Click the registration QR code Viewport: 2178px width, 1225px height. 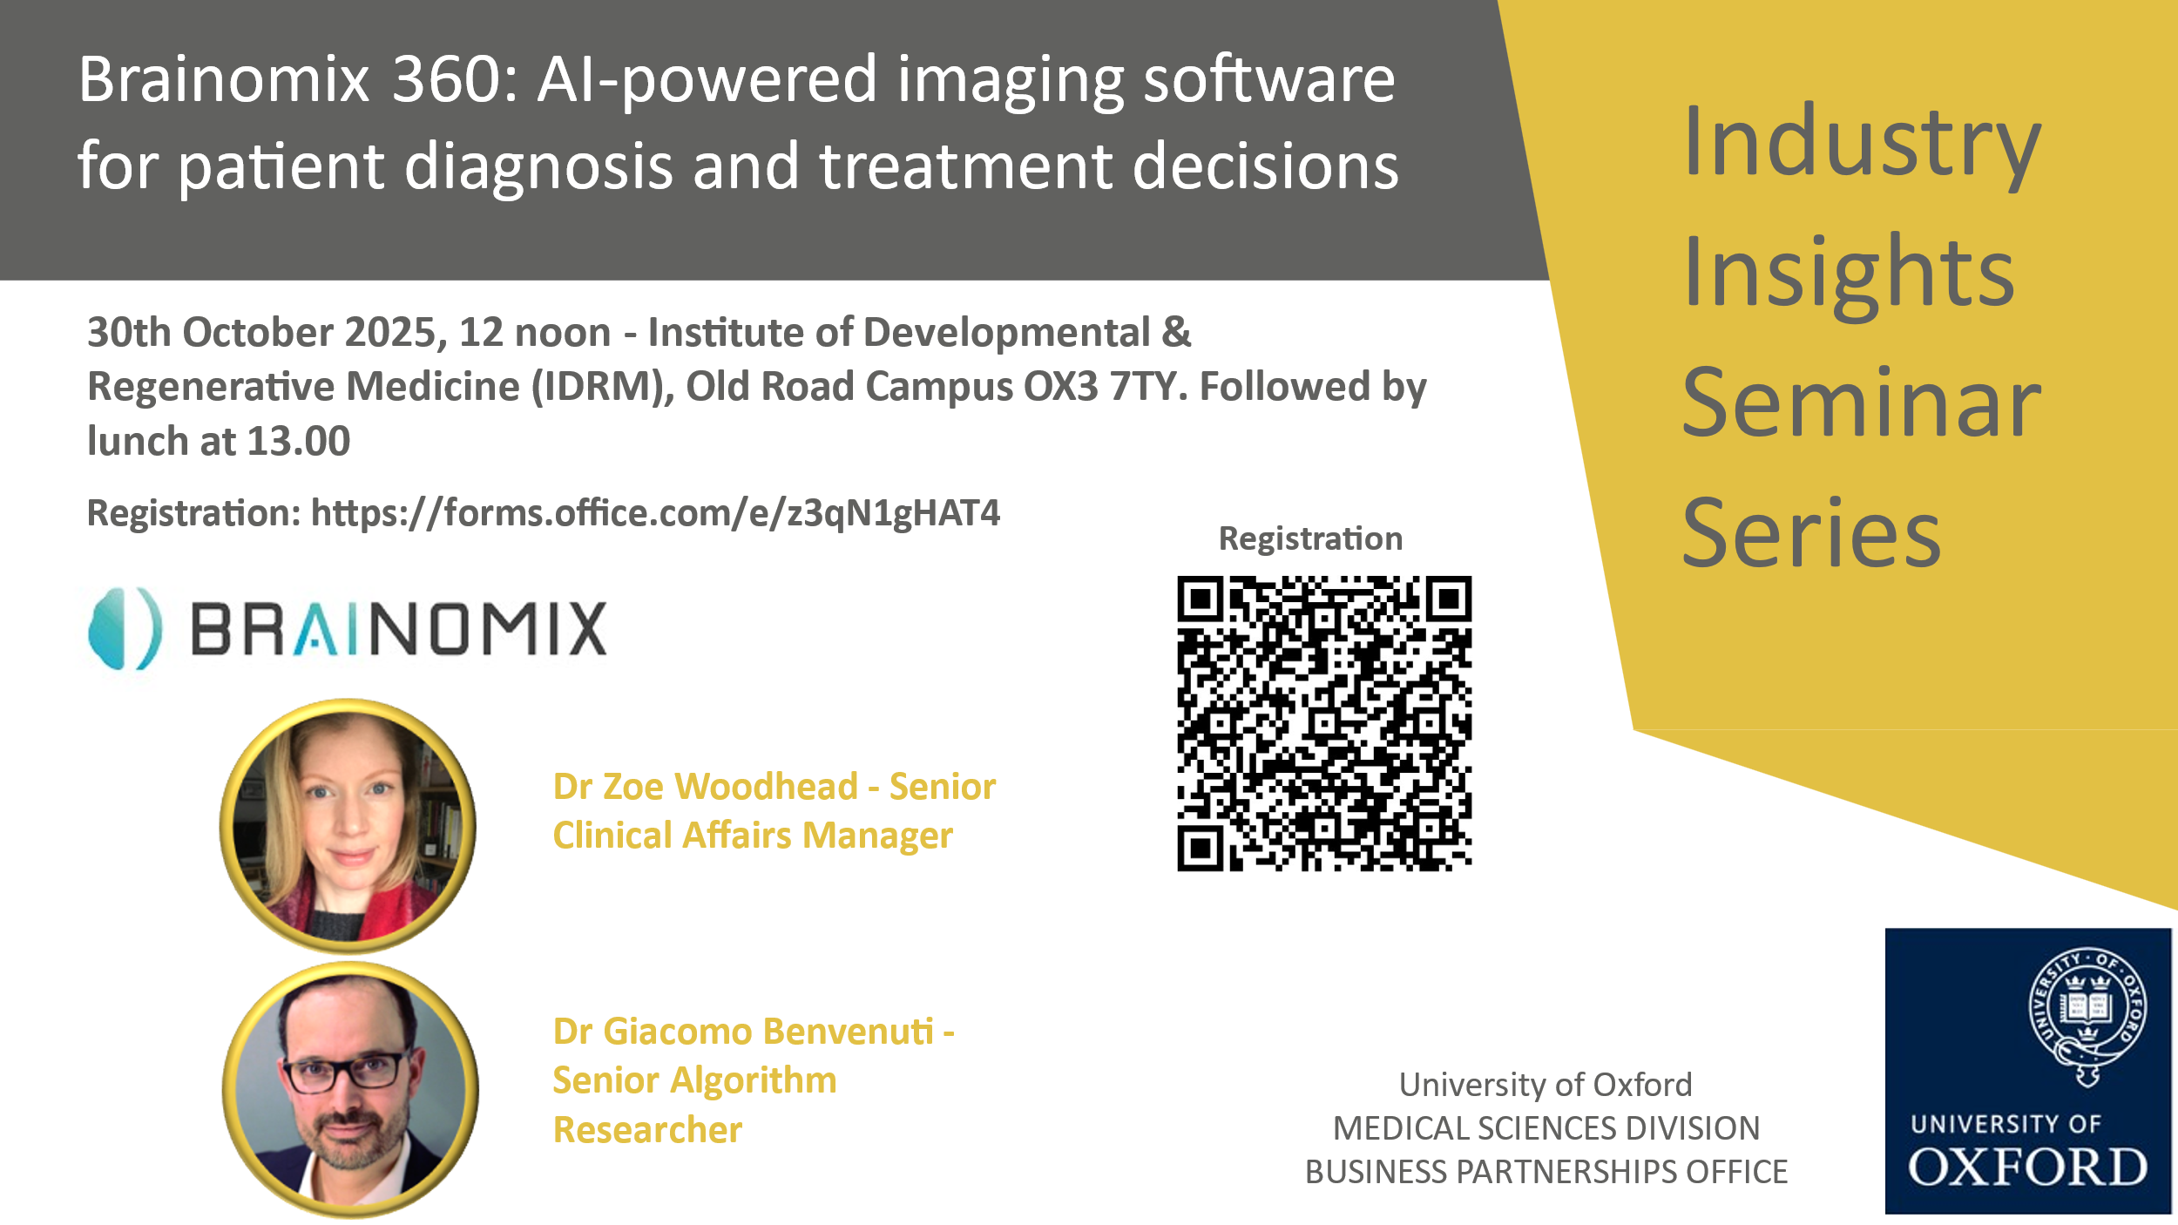click(1324, 723)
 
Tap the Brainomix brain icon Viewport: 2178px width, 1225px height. click(125, 629)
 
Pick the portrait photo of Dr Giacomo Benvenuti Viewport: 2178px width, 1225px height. click(350, 1089)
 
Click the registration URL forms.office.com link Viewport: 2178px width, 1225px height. click(655, 513)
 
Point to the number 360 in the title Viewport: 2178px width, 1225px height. click(443, 79)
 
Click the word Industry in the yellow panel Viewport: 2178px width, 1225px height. click(1862, 144)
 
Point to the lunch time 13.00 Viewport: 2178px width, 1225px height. click(299, 441)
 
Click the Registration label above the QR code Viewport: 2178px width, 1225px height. click(1310, 539)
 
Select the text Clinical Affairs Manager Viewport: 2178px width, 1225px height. click(753, 836)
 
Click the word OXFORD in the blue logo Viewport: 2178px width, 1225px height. click(2027, 1167)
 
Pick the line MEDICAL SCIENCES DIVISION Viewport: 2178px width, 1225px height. click(1546, 1128)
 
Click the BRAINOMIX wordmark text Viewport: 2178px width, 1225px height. click(398, 629)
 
